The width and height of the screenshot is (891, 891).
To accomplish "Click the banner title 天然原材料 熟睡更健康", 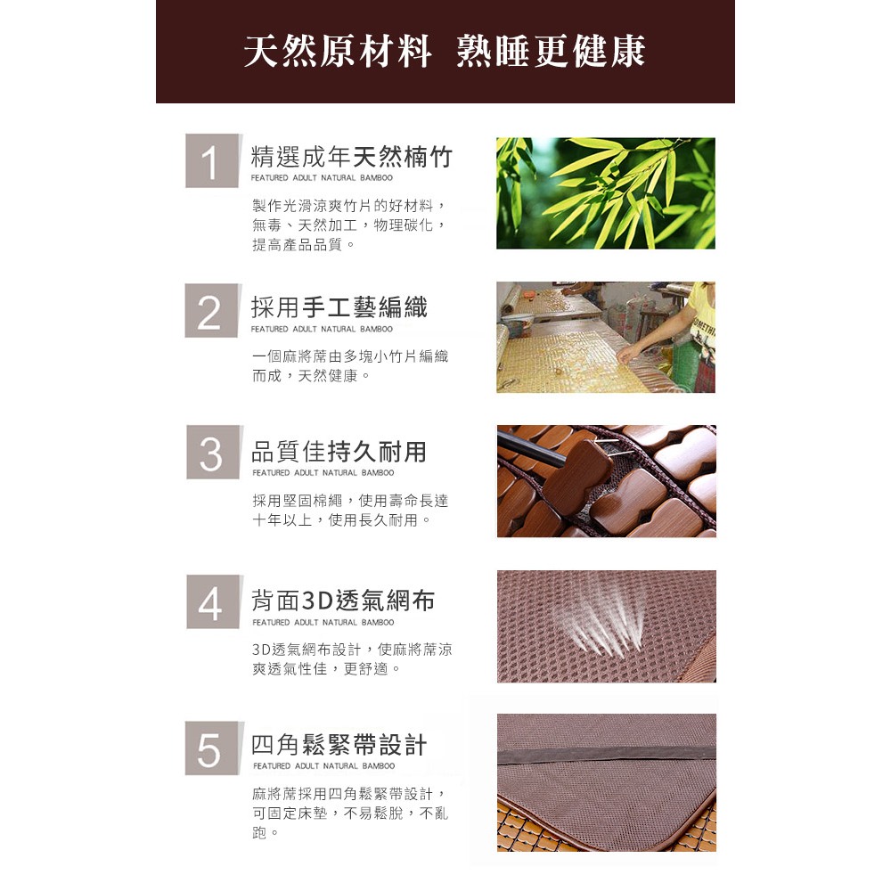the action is pos(445,51).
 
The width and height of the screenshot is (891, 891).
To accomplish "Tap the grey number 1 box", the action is pos(213,160).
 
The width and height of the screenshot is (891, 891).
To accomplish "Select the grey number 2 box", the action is pos(212,311).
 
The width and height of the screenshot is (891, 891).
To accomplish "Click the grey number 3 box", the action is pos(213,452).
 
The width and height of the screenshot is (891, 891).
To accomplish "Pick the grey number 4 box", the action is pos(213,601).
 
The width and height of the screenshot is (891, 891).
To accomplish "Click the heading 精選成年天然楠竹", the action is pos(352,157).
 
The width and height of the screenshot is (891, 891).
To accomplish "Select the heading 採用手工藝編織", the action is pos(339,307).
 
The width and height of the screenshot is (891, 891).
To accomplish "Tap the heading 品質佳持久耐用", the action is pos(339,452).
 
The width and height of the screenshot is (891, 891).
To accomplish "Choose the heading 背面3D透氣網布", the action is pos(343,601).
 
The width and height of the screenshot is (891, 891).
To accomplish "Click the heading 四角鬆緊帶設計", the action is pos(339,745).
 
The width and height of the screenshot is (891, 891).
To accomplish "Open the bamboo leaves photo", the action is pos(606,193).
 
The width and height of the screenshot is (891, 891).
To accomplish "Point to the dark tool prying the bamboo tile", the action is pos(531,449).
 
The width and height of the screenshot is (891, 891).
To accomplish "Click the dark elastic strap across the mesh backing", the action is pos(606,756).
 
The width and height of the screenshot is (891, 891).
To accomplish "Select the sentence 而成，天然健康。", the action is pos(311,376).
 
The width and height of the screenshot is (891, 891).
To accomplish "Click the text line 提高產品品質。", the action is pos(304,245).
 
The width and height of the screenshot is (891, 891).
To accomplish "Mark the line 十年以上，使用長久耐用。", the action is pos(341,520).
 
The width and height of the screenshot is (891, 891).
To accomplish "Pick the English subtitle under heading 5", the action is pos(324,766).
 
